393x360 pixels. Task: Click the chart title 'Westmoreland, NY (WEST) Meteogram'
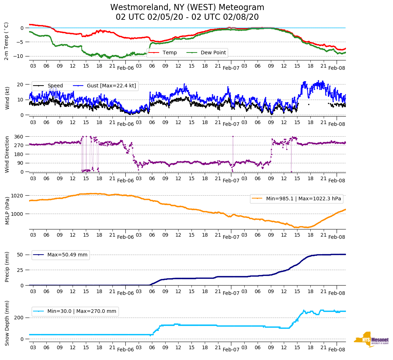pos(187,7)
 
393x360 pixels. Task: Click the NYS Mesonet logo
pos(371,340)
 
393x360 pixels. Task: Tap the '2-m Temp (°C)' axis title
pos(6,41)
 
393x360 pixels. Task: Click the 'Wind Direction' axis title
pos(7,154)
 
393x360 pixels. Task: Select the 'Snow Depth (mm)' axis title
pos(7,323)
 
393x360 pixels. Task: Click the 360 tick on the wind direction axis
pos(19,137)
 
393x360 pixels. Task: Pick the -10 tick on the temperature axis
pos(19,56)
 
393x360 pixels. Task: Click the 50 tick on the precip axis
pos(20,255)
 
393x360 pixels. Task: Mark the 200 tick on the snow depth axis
pos(19,318)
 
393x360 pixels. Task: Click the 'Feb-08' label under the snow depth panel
pos(337,350)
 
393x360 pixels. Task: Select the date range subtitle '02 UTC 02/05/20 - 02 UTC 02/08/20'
pos(187,17)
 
